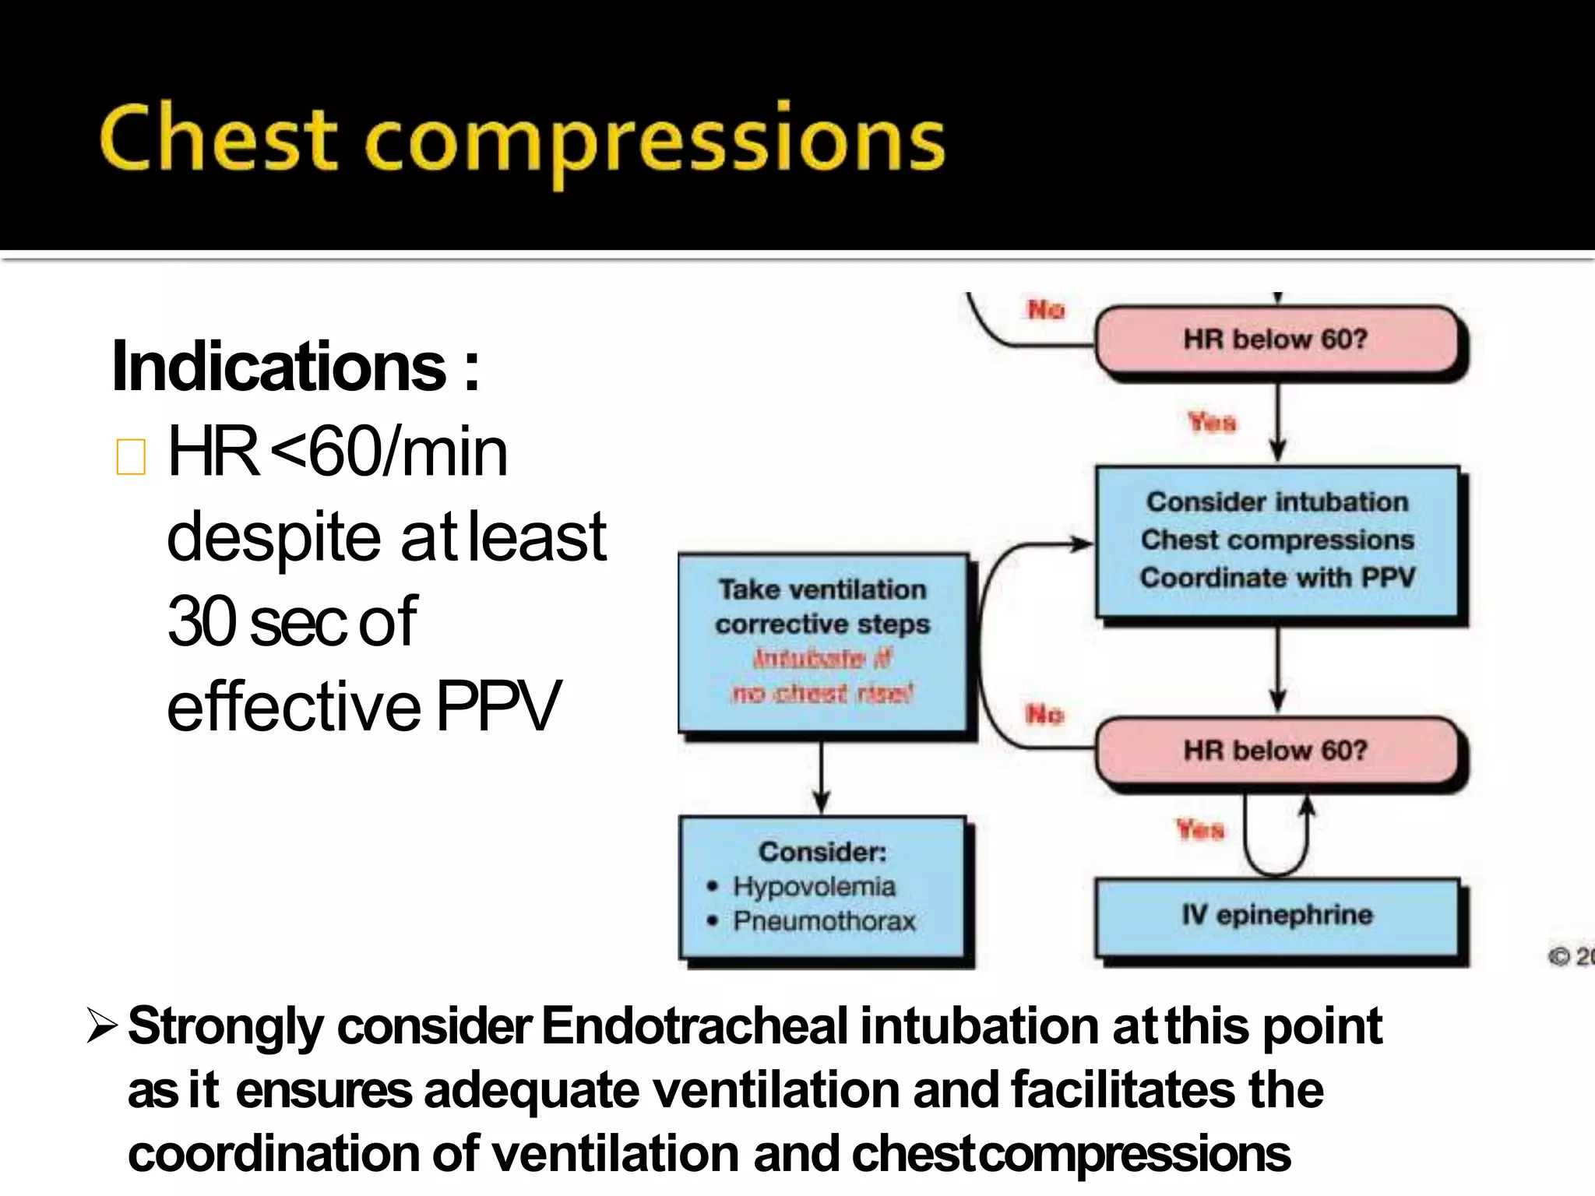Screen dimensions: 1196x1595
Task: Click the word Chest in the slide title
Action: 218,139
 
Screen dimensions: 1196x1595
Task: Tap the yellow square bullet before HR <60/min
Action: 131,456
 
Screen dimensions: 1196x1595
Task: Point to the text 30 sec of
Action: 292,621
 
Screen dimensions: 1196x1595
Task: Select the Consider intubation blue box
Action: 1277,540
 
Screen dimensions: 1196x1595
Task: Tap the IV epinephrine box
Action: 1277,916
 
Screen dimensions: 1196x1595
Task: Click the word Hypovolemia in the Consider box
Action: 814,887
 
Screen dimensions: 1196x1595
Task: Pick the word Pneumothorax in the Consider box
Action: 824,921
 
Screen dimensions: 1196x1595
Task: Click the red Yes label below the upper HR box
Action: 1212,423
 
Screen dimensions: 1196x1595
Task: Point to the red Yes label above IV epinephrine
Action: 1200,830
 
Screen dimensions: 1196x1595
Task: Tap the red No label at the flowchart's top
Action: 1045,310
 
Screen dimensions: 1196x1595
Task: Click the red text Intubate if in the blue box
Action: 822,659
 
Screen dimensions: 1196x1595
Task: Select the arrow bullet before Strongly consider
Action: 101,1025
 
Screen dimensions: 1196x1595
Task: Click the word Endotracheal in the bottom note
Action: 694,1025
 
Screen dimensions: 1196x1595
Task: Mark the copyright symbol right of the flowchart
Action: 1558,956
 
